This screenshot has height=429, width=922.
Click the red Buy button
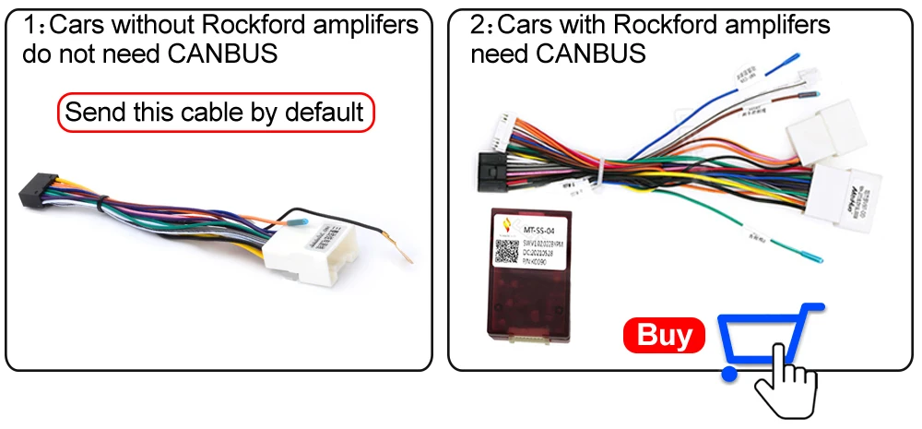(664, 335)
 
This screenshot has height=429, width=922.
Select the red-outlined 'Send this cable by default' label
(216, 113)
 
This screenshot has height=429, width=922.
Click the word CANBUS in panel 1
(224, 54)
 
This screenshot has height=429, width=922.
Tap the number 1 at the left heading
(30, 25)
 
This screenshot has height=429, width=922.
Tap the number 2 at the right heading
(478, 25)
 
